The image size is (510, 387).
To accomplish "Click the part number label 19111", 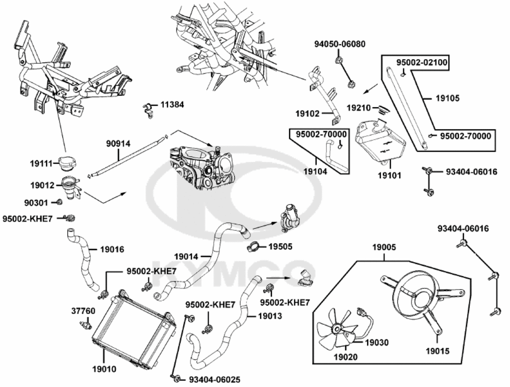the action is [41, 164].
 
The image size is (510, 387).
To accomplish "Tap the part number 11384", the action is [172, 105].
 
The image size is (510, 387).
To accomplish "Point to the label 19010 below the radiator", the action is [104, 370].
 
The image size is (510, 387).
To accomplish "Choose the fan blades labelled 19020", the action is [336, 329].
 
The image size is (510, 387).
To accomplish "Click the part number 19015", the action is [438, 351].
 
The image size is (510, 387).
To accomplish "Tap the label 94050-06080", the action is [340, 44].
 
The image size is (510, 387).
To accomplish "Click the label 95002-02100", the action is [422, 62].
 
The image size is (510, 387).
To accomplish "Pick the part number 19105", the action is [448, 98].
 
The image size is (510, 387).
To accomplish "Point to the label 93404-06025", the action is [215, 379].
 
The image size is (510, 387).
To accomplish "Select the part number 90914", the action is [118, 143].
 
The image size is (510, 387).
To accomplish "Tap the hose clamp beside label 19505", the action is [256, 247].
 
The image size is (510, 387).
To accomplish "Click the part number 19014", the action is [186, 256].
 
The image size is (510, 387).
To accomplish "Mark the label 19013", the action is [270, 316].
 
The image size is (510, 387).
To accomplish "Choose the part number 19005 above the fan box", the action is [384, 248].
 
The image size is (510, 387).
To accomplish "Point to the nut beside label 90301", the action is [59, 202].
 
